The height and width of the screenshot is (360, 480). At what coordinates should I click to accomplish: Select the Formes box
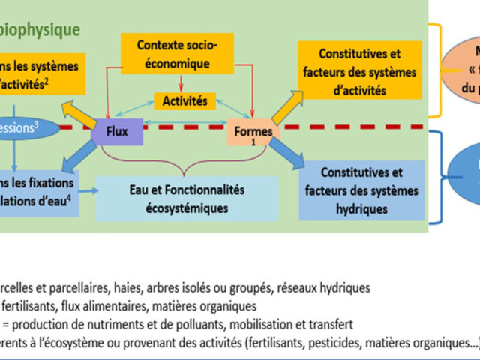coord(253,134)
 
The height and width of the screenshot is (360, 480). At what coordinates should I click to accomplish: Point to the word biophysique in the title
coord(55,31)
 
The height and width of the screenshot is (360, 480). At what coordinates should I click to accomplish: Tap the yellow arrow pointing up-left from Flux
coord(82,112)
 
